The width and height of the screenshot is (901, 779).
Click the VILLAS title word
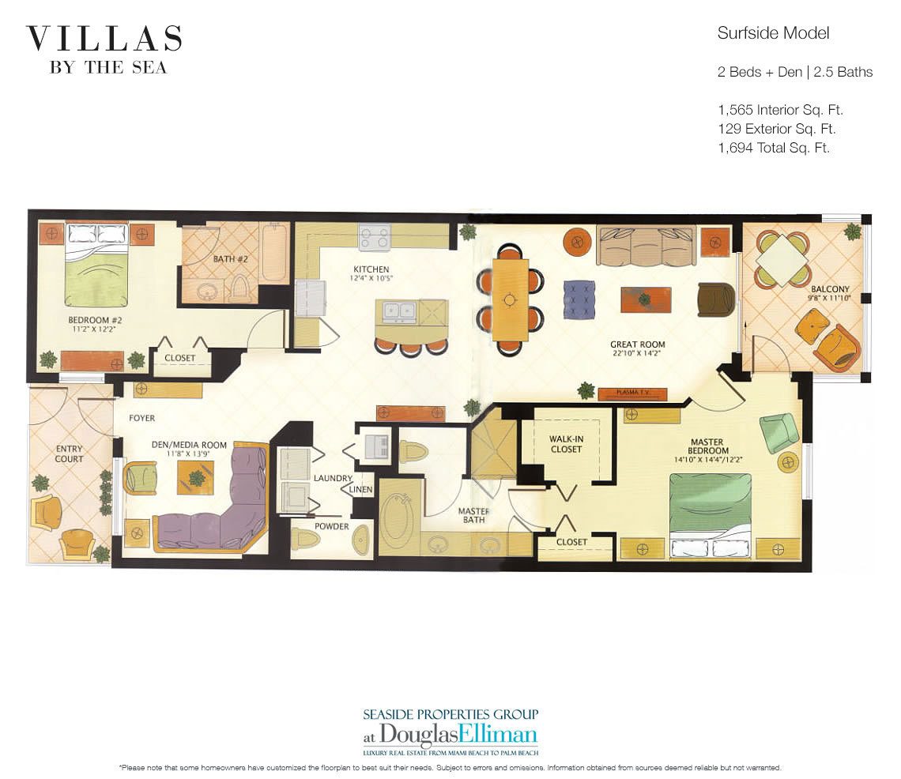pos(104,40)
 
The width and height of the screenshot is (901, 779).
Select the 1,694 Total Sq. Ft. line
pos(773,147)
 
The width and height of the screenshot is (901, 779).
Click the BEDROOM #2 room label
pos(96,320)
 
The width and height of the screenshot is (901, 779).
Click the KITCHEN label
pos(371,269)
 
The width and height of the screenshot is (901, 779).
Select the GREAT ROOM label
pos(637,344)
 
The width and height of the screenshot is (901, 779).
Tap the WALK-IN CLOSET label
pos(566,443)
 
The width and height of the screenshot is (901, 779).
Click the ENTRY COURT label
pos(69,453)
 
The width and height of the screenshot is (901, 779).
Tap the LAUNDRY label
pos(332,478)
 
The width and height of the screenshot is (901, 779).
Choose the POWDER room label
pos(331,526)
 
